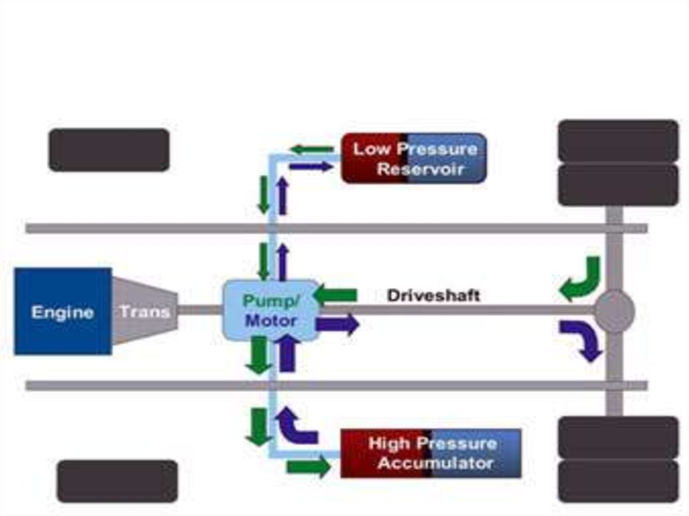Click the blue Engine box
63,311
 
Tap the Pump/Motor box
271,310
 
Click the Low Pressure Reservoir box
414,158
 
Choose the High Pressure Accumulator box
431,453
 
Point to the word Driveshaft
433,295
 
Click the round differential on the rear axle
614,311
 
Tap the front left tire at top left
109,149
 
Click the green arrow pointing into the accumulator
308,466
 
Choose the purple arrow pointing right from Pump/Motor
338,324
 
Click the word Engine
63,312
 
